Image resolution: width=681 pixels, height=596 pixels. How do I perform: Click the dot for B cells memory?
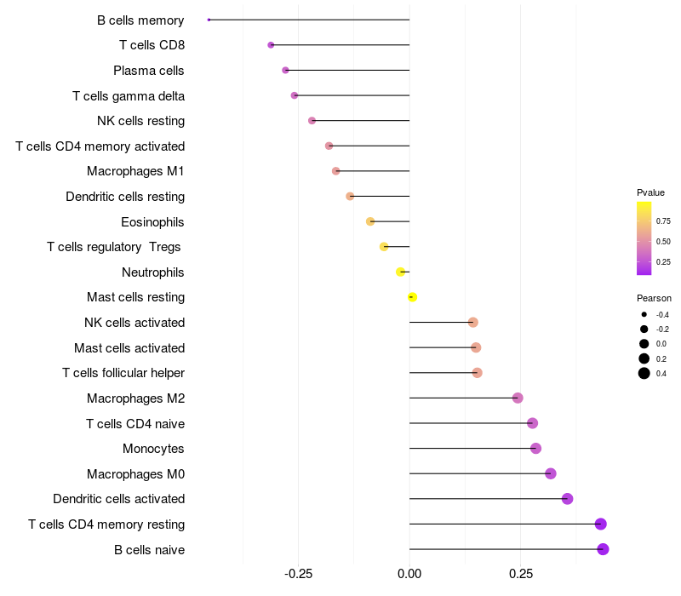coord(209,20)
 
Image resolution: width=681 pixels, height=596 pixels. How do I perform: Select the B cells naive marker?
coord(603,549)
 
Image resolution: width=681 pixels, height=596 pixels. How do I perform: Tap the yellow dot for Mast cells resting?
coord(412,297)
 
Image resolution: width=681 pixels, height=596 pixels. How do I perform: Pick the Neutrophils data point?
coord(400,272)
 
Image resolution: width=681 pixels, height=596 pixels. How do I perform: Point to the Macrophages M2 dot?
coord(518,398)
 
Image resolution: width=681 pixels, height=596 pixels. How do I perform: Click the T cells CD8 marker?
coord(271,45)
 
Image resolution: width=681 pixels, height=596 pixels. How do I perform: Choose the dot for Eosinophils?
coord(370,221)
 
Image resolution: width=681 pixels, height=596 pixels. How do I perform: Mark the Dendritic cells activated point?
coord(567,499)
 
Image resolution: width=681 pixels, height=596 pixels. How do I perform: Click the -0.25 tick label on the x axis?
coord(298,574)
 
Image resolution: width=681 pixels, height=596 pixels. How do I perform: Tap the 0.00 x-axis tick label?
coord(409,574)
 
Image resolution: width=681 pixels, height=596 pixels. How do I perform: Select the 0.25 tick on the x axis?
coord(521,574)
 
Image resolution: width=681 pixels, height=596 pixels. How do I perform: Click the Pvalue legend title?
coord(650,192)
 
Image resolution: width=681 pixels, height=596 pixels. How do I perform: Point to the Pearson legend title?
coord(654,298)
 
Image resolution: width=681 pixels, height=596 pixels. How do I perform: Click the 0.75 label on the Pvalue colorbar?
coord(663,221)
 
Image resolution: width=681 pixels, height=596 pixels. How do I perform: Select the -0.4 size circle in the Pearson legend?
coord(644,314)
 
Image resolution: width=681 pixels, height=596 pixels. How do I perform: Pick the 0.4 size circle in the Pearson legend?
coord(644,373)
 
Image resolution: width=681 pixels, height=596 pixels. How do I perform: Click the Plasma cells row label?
coord(148,71)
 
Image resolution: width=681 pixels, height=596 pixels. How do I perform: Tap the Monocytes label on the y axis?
coord(153,449)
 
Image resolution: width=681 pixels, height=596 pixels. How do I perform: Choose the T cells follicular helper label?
coord(123,373)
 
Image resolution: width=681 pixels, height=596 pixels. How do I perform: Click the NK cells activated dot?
coord(473,323)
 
